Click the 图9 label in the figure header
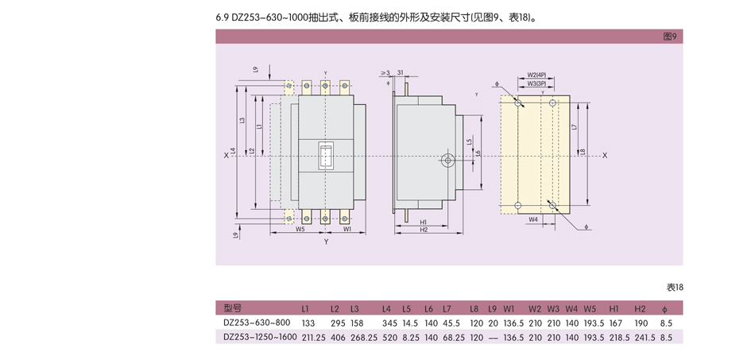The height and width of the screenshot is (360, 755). pos(669,37)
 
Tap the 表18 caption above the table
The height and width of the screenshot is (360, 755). pos(674,288)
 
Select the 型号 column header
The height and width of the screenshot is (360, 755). pos(232,308)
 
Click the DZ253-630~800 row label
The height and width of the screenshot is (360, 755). pos(256,323)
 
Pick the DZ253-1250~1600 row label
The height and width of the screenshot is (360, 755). pos(260,337)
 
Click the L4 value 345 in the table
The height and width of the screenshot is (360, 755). pos(389,323)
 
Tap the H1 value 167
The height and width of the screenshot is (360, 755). pos(615,323)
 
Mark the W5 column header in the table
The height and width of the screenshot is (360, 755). pos(590,308)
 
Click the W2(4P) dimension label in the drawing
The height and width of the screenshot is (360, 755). pos(536,75)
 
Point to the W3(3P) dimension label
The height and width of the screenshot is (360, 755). pos(536,83)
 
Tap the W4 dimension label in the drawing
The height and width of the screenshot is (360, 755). pos(533,219)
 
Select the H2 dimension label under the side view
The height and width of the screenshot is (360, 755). pos(424,230)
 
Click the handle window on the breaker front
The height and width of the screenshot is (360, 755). pos(326,156)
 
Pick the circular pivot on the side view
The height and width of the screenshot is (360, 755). pos(448,161)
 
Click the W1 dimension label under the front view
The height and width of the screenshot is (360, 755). pos(347,229)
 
